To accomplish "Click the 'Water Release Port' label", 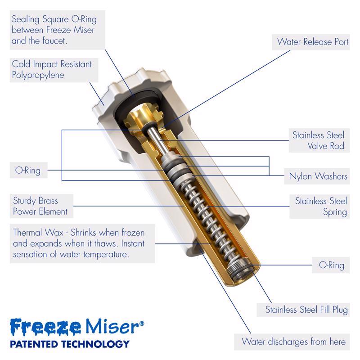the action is click(312, 42).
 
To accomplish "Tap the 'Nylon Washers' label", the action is click(318, 176).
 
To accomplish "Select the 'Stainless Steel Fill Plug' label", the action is click(306, 310).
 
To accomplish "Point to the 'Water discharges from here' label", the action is click(293, 342).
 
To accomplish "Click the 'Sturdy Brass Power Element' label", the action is click(40, 206).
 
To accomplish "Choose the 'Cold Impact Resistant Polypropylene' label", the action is click(52, 70).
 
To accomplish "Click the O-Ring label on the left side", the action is click(28, 171).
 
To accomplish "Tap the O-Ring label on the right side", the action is click(332, 265).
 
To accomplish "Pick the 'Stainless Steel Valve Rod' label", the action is click(318, 140).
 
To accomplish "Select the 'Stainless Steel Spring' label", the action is click(321, 207).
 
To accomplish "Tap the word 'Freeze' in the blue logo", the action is click(45, 326).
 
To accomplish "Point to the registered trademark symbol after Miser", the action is click(142, 323).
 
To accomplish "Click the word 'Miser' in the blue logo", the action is click(112, 326).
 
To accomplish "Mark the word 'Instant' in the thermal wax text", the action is click(133, 243).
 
